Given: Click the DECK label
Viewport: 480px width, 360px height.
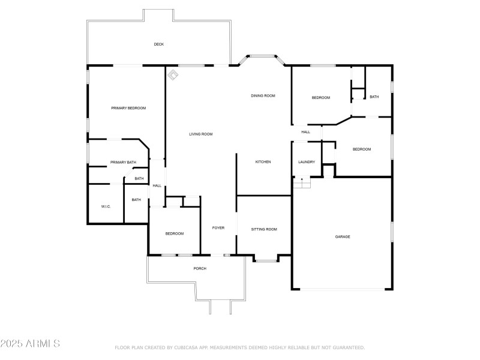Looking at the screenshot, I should pyautogui.click(x=158, y=44).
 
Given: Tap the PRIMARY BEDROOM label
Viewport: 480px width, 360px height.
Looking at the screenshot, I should pyautogui.click(x=128, y=108).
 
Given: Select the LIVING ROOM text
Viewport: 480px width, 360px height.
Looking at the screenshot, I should pyautogui.click(x=201, y=134).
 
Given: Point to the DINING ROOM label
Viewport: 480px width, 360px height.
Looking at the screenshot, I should pyautogui.click(x=263, y=96).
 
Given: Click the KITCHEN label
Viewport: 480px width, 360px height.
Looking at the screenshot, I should pyautogui.click(x=263, y=162).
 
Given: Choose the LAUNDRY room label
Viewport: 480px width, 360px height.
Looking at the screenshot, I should pyautogui.click(x=307, y=162).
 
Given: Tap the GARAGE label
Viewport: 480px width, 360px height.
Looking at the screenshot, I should pyautogui.click(x=343, y=237).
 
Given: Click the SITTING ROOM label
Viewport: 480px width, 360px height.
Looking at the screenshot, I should pyautogui.click(x=264, y=229).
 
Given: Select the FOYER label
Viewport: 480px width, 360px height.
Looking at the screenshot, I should pyautogui.click(x=218, y=228).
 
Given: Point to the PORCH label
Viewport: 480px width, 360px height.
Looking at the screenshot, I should pyautogui.click(x=200, y=268).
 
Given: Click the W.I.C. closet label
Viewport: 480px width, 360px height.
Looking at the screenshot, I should pyautogui.click(x=106, y=206).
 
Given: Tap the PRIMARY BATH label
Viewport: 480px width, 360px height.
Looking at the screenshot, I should pyautogui.click(x=123, y=163).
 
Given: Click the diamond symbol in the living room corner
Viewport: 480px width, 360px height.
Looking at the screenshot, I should pyautogui.click(x=173, y=74).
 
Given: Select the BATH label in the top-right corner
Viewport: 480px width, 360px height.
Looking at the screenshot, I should pyautogui.click(x=374, y=97).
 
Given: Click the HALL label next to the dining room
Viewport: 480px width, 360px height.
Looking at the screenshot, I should pyautogui.click(x=305, y=132).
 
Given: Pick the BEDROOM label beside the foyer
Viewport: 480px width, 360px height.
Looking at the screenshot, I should pyautogui.click(x=175, y=233).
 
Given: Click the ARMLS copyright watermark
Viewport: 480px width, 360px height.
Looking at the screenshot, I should pyautogui.click(x=30, y=344).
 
